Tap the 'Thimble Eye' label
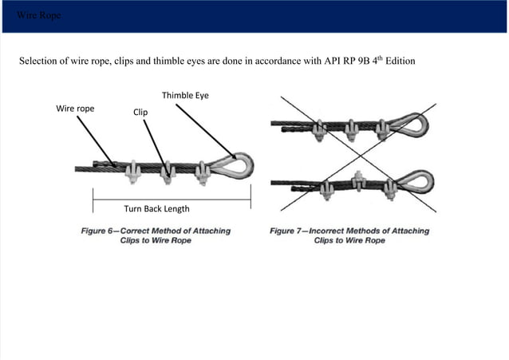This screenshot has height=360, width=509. (186, 96)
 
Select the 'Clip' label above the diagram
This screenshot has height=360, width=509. (140, 113)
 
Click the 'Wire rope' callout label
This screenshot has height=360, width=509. (75, 107)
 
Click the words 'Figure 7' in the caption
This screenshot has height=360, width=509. (290, 231)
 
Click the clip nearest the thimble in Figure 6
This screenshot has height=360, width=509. (203, 170)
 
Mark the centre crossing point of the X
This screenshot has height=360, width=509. (355, 154)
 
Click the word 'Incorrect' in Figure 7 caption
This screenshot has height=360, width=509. (335, 231)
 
